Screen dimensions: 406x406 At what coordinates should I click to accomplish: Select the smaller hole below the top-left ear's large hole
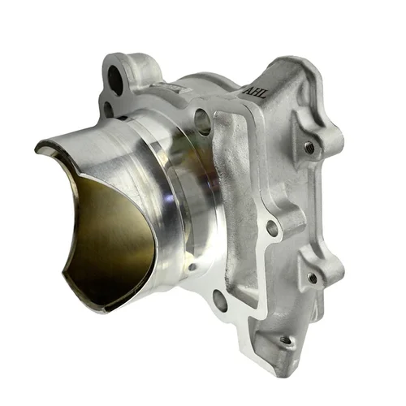108,106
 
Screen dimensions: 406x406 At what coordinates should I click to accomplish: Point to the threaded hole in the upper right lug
309,147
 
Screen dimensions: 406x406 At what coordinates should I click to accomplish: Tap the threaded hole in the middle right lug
313,278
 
